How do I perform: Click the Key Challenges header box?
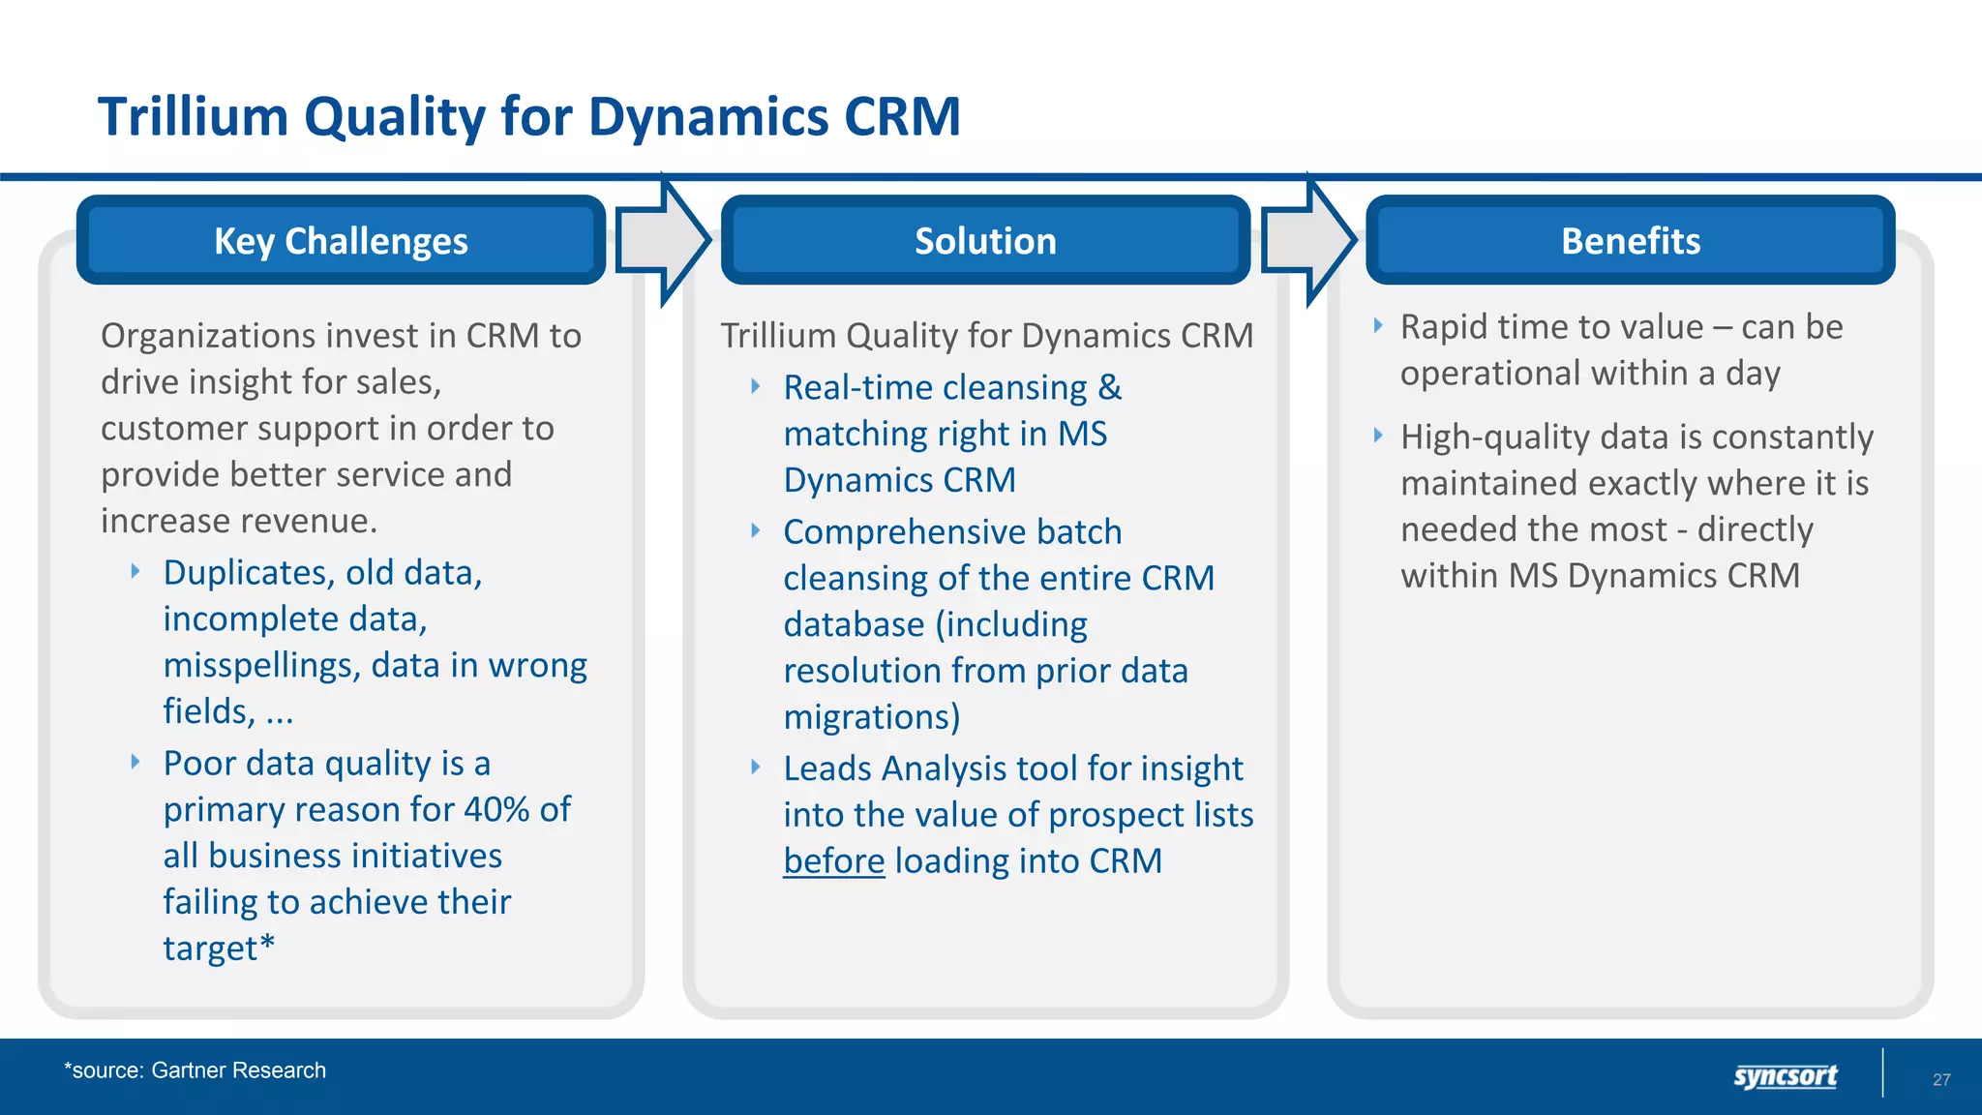341,240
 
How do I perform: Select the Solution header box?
985,240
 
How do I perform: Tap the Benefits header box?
1630,240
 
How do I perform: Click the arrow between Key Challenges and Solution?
663,240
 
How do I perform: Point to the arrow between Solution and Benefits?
1308,240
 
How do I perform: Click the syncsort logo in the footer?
1785,1075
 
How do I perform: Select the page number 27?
1941,1079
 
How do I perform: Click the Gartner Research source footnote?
195,1070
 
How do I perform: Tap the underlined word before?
833,860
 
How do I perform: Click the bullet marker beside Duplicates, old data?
136,572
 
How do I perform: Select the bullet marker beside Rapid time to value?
1378,326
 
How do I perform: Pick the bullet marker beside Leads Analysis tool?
756,768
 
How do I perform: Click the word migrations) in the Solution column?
871,717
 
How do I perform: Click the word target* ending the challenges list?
219,949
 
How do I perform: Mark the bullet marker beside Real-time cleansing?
756,387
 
